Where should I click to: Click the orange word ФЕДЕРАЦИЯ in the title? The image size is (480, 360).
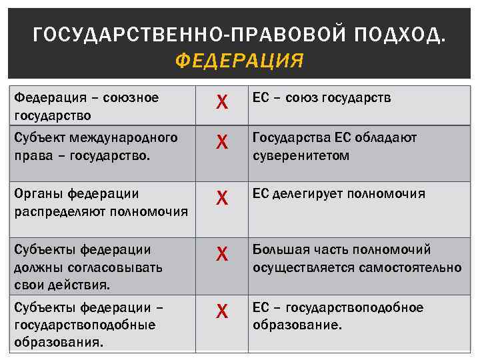tap(239, 61)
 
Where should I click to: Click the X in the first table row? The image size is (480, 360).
tap(223, 103)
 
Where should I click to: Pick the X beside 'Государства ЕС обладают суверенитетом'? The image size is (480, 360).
tap(223, 142)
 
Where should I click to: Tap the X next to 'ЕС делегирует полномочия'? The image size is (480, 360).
tap(223, 198)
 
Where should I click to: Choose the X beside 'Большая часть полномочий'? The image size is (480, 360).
tap(223, 254)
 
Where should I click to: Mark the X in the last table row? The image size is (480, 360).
tap(223, 311)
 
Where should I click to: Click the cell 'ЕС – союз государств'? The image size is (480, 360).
tap(321, 98)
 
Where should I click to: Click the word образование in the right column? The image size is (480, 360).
tap(295, 326)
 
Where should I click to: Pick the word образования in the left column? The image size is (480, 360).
tap(57, 342)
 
